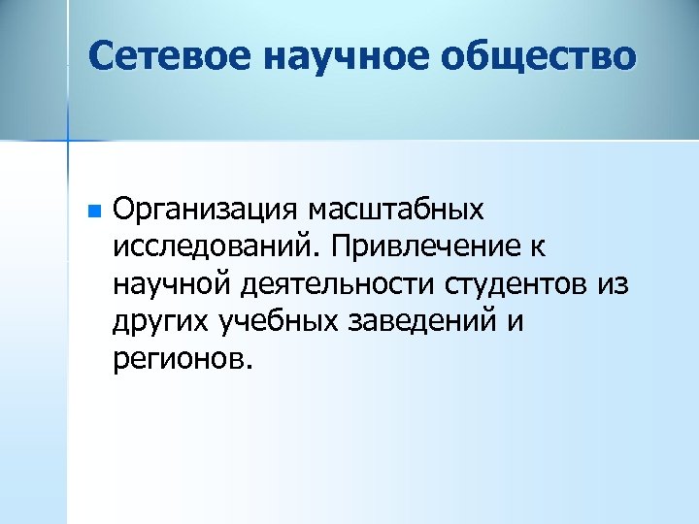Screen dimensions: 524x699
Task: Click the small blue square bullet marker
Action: [92, 210]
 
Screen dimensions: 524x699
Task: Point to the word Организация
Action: [206, 210]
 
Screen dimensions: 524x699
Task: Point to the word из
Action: [614, 285]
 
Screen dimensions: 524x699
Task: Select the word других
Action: [159, 323]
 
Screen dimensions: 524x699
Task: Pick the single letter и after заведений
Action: [515, 323]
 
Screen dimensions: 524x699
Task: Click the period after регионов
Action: [248, 369]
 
